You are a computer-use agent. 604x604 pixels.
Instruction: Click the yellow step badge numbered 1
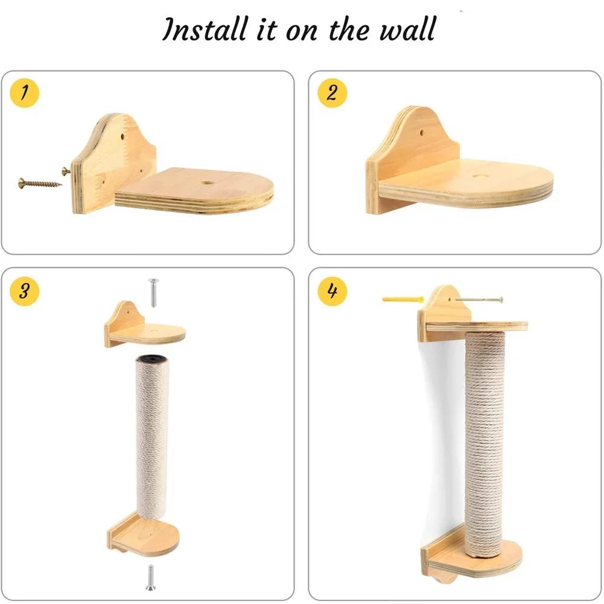pyautogui.click(x=25, y=94)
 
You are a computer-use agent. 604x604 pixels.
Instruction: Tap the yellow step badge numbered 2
pyautogui.click(x=332, y=94)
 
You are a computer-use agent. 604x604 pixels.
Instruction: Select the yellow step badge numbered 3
pyautogui.click(x=25, y=290)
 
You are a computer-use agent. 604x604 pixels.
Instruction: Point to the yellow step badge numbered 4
pyautogui.click(x=332, y=290)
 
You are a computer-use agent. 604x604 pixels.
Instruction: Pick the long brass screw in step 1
pyautogui.click(x=39, y=180)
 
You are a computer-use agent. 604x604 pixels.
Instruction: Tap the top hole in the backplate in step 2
pyautogui.click(x=420, y=129)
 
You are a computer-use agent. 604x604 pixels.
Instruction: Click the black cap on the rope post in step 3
pyautogui.click(x=151, y=360)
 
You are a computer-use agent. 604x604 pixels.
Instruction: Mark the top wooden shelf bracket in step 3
pyautogui.click(x=144, y=326)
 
